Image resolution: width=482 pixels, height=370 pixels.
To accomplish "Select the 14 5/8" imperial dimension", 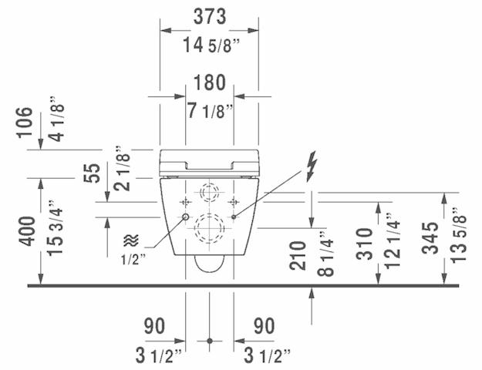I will [210, 44].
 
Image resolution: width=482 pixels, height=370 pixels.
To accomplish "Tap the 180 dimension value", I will [210, 82].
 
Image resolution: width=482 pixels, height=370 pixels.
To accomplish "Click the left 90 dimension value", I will [154, 326].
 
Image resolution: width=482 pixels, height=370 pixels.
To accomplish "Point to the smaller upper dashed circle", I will [209, 191].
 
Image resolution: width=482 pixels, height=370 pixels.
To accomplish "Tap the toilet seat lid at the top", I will [210, 162].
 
